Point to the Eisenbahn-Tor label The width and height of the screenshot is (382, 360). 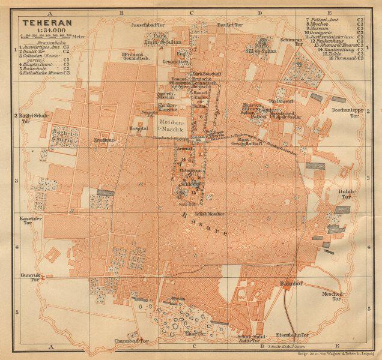pyautogui.click(x=296, y=335)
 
